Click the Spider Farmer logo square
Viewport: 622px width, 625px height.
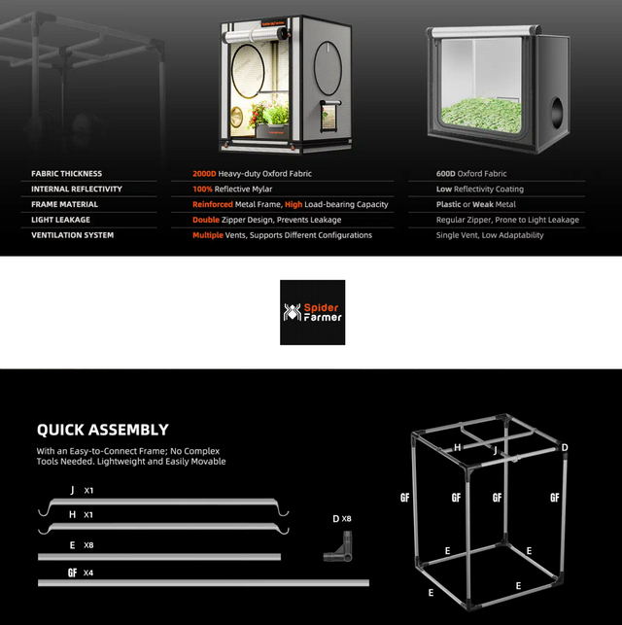tap(312, 312)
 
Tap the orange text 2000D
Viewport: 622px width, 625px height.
tap(204, 174)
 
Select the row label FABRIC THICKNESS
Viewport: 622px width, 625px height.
tap(66, 174)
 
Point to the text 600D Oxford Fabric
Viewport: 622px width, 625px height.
tap(471, 174)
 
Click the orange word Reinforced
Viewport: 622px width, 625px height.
tap(213, 204)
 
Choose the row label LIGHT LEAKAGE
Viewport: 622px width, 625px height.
tap(60, 220)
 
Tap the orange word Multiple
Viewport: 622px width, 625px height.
tap(208, 235)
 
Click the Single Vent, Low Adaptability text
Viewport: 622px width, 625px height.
tap(490, 235)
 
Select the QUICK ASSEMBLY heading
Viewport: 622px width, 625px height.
tap(103, 430)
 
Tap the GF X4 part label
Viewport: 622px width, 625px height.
tap(81, 573)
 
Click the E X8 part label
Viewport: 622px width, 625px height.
tap(82, 545)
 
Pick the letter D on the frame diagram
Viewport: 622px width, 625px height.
tap(565, 448)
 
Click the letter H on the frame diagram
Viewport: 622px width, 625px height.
tap(458, 448)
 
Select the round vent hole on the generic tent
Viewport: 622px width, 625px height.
tap(556, 113)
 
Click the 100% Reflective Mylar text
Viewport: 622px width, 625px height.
tap(232, 189)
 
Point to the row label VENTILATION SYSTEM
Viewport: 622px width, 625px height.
tap(73, 235)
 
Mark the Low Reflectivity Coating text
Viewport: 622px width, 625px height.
tap(480, 189)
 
